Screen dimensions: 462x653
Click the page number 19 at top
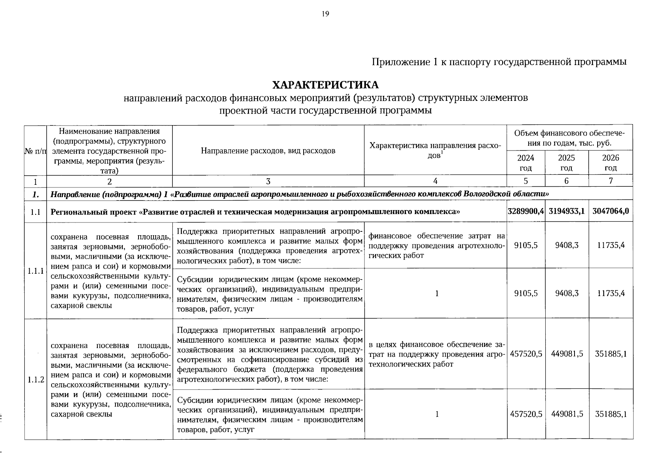pos(325,14)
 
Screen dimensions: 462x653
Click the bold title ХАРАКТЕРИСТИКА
pos(325,85)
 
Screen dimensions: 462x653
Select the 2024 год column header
pos(526,163)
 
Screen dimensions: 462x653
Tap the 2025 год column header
pos(566,163)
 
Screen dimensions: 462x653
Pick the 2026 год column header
pos(611,163)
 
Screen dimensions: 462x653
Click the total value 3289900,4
pos(526,211)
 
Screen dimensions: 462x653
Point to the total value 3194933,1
pos(567,211)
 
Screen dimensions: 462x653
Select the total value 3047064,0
pos(611,211)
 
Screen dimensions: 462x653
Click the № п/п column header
pos(35,151)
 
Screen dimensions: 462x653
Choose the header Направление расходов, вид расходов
pos(268,151)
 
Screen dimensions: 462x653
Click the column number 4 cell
pos(435,181)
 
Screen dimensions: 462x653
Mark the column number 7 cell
pos(611,181)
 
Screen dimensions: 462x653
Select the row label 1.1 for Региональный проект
pos(36,211)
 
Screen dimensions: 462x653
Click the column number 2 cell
pos(110,181)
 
